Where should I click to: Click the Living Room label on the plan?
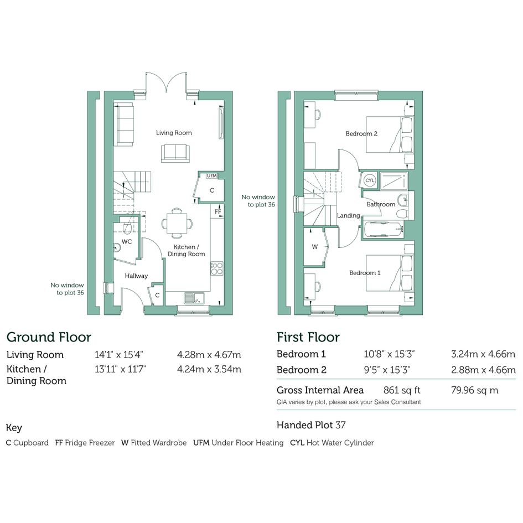click(174, 133)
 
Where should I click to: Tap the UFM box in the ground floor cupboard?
click(212, 176)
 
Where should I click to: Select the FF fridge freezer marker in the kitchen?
click(218, 212)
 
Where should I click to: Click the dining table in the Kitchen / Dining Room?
click(177, 223)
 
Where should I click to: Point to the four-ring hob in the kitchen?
click(217, 268)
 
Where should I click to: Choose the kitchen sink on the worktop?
click(194, 298)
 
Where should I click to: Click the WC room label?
click(126, 241)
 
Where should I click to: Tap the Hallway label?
click(136, 276)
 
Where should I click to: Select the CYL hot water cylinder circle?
click(370, 180)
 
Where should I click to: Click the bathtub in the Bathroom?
click(383, 230)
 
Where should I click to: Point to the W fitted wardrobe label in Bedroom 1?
click(314, 247)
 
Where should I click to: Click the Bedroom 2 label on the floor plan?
click(361, 134)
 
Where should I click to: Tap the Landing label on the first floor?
click(348, 216)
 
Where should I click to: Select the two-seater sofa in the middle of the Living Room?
click(175, 153)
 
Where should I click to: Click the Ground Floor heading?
click(49, 337)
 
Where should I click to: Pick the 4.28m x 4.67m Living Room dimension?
click(209, 355)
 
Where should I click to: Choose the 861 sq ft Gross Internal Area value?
click(402, 390)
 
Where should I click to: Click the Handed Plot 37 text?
click(311, 425)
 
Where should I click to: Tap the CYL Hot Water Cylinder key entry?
click(332, 443)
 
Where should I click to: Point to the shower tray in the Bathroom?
click(393, 181)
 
